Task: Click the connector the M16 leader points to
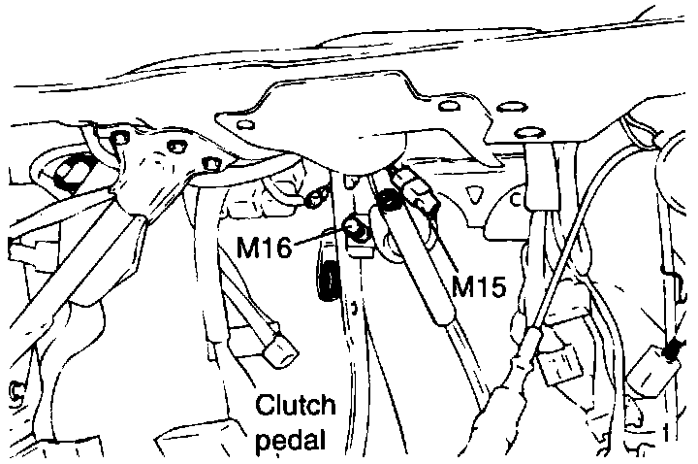(x=357, y=231)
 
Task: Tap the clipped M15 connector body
(x=420, y=194)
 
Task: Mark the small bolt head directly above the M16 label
(x=313, y=200)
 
